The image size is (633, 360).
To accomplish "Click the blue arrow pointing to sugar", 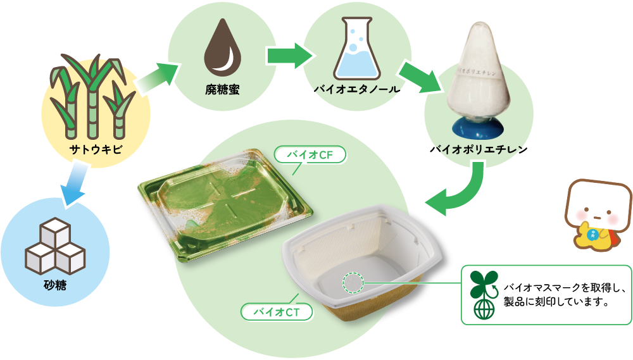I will pos(71,184).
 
